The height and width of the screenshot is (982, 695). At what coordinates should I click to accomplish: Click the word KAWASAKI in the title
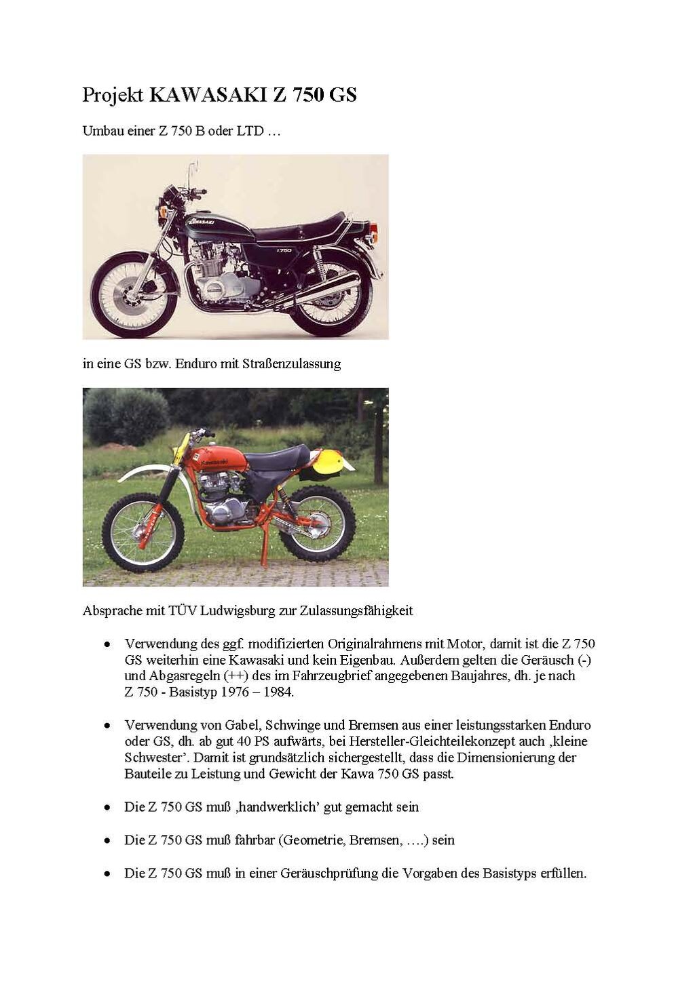click(x=209, y=95)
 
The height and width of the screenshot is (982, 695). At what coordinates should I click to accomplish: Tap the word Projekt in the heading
click(x=113, y=96)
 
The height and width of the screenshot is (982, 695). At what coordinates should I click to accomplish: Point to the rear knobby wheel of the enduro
click(x=318, y=526)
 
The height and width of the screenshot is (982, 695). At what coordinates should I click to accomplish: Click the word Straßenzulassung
click(x=291, y=364)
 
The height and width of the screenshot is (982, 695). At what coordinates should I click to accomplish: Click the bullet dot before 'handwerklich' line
click(x=107, y=808)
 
